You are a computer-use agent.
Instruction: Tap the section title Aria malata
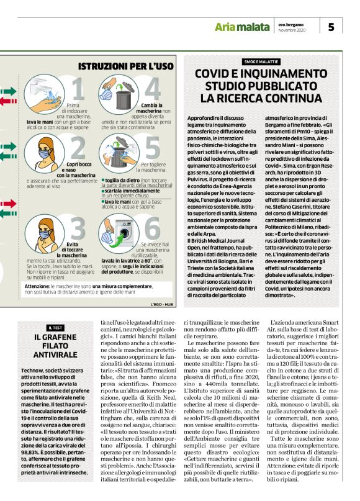(241, 27)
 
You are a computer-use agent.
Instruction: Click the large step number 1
(77, 91)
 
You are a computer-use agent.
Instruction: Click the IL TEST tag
(55, 327)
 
